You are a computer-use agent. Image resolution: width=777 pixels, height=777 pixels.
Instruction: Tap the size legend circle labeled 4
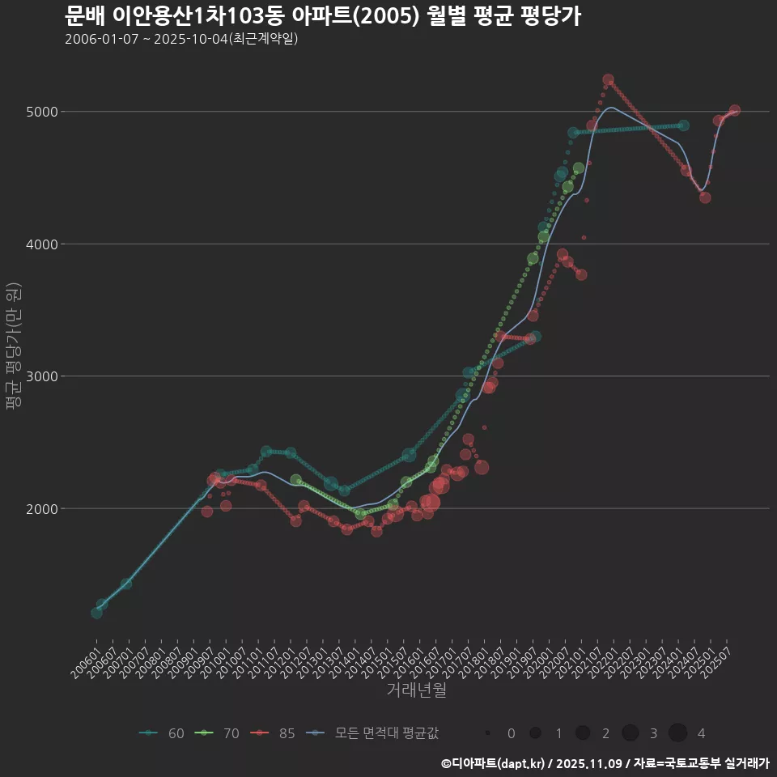[x=677, y=733]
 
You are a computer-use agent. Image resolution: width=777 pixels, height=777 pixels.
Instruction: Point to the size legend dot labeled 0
[x=488, y=733]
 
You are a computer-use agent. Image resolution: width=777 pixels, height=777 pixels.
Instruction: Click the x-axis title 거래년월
[x=416, y=690]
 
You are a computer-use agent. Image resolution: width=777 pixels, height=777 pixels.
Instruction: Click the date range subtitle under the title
[x=181, y=39]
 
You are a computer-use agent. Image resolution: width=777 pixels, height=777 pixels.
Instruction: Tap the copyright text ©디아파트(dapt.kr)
[x=494, y=762]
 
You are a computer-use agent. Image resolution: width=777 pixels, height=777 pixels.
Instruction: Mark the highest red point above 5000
[x=608, y=80]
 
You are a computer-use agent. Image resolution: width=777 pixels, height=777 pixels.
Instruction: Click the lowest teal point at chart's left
[x=96, y=613]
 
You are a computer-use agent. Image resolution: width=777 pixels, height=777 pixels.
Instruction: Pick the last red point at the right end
[x=734, y=110]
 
